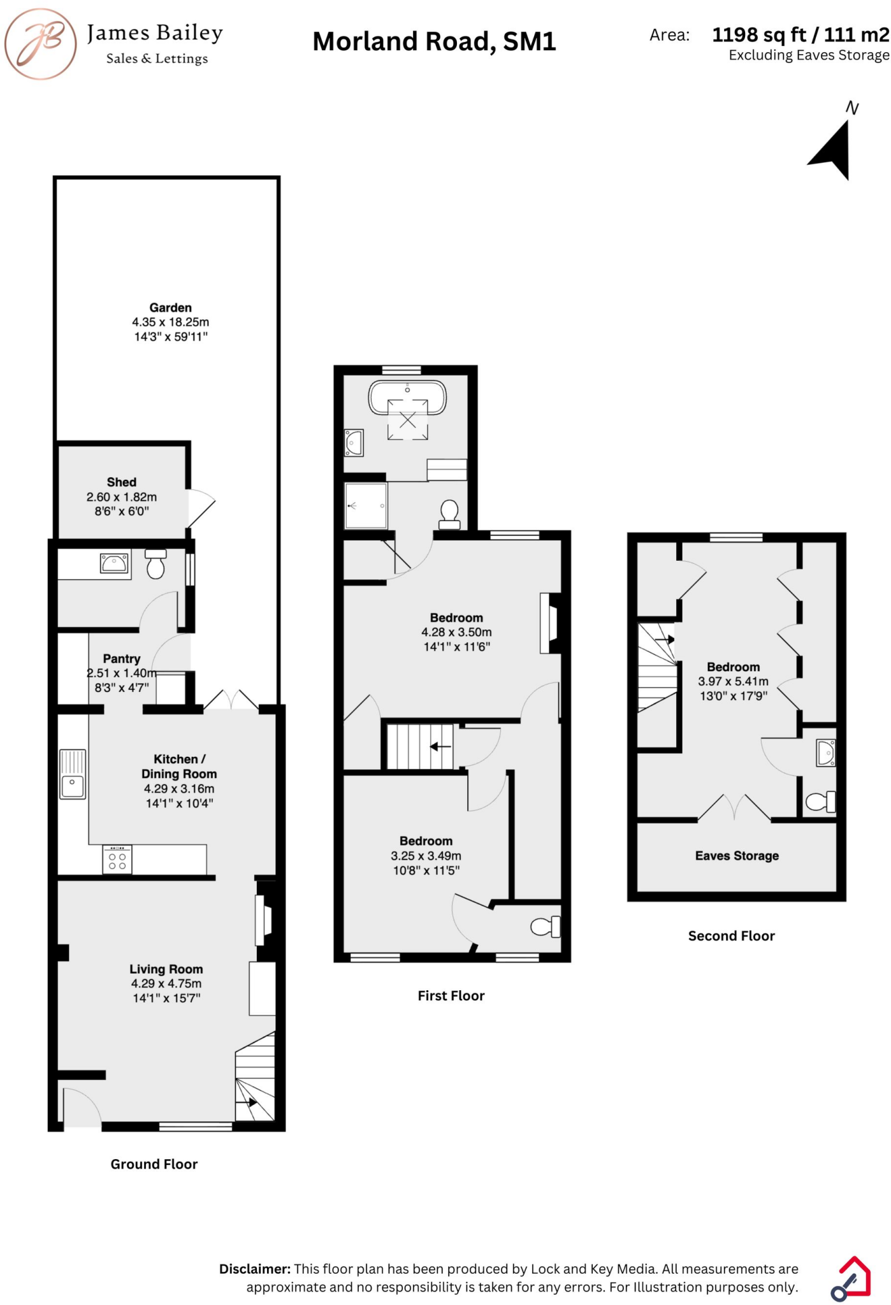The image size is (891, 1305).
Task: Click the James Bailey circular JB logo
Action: (41, 43)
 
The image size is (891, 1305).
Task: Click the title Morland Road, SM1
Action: (434, 42)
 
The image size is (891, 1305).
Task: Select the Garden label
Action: (170, 308)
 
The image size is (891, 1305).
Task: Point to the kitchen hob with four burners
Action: (117, 859)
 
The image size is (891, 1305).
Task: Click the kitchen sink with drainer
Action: (73, 774)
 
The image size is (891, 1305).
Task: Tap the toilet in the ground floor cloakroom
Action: (156, 564)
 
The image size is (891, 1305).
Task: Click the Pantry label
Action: (121, 659)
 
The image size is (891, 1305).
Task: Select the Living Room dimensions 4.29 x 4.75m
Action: (166, 984)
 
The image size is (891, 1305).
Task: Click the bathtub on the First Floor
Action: (407, 398)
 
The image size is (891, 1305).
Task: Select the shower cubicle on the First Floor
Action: (366, 506)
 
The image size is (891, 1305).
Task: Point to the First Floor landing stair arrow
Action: (440, 746)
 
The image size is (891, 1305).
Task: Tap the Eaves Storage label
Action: (737, 856)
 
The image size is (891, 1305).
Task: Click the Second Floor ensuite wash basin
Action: (826, 753)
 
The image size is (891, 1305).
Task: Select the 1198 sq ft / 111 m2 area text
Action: (800, 34)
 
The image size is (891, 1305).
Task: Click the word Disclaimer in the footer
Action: (254, 1269)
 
